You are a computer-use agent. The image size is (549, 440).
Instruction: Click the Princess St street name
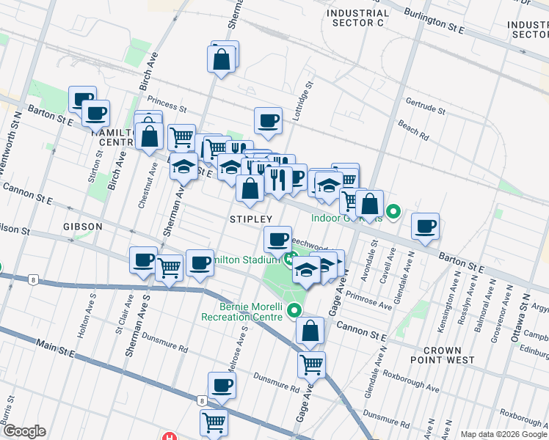tap(164, 100)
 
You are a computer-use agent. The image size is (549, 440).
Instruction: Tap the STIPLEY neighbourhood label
tap(251, 219)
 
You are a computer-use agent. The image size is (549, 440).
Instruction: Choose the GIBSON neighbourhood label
tap(82, 227)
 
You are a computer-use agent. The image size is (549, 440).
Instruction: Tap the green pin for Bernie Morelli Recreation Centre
tap(295, 310)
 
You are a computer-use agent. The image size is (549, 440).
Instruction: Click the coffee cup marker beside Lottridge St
tap(268, 121)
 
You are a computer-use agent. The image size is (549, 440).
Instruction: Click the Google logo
tap(23, 431)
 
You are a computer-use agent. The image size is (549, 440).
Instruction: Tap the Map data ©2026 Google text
tap(503, 434)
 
